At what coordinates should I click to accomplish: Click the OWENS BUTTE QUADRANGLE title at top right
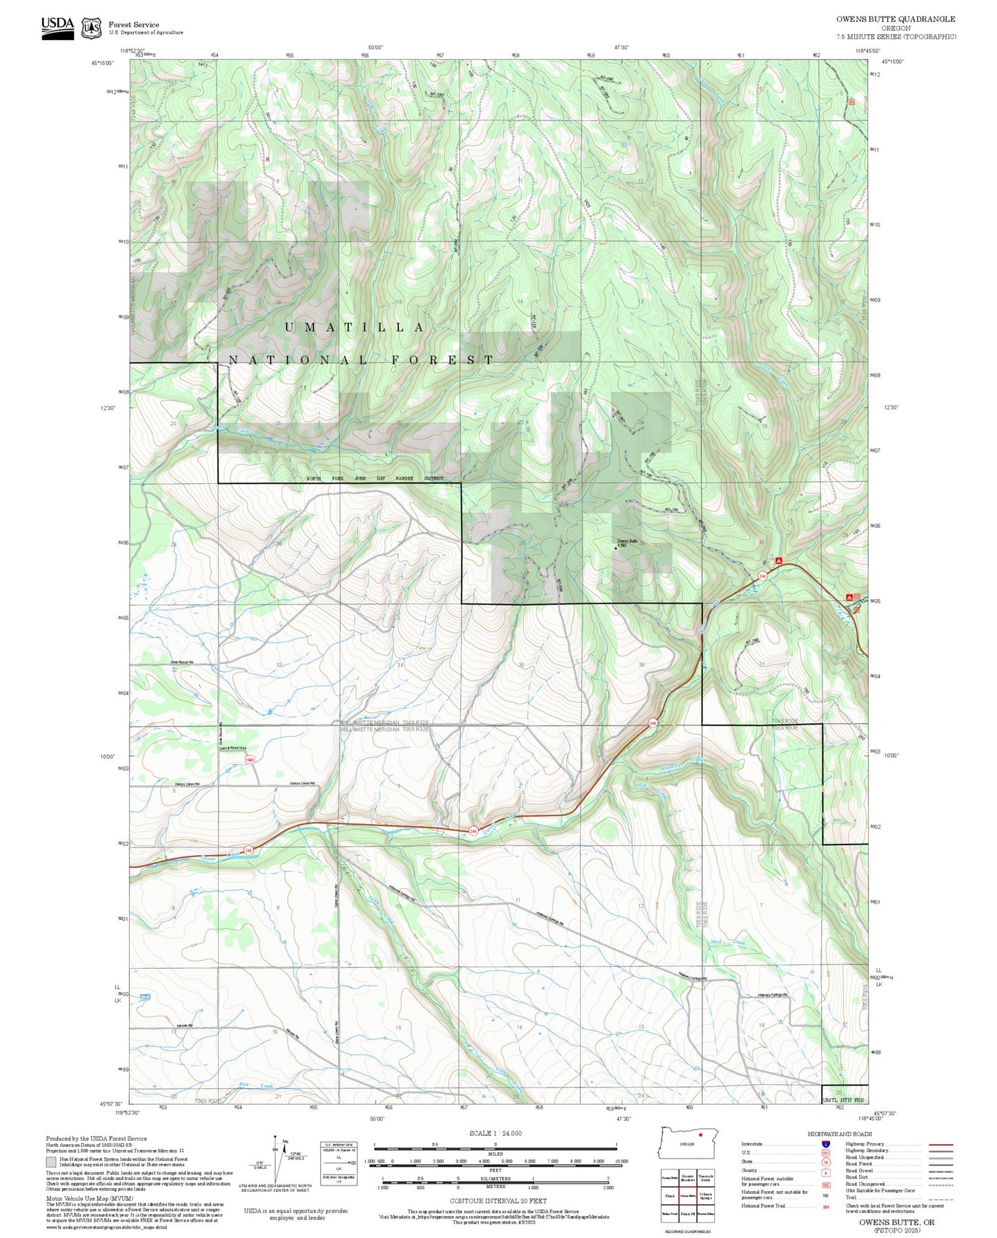tap(896, 19)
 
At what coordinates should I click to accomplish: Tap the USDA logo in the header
tap(57, 28)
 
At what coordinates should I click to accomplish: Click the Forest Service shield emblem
tap(91, 28)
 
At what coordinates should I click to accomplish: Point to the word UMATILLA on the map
tap(355, 327)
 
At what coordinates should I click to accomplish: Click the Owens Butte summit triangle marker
tap(615, 548)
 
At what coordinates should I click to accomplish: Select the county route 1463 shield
tap(249, 760)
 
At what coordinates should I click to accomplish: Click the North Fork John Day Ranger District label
tap(375, 478)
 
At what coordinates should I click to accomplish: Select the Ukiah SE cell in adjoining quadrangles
tap(687, 1213)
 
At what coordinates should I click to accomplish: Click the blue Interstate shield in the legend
tap(825, 1144)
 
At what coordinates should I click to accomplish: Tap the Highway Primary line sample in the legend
tap(940, 1144)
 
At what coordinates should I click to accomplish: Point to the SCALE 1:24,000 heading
tap(495, 1133)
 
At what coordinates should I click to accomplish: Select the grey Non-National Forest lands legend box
tap(51, 1162)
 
